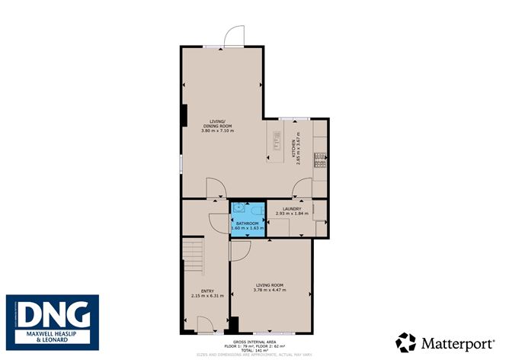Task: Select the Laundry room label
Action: point(292,208)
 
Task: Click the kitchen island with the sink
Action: point(276,144)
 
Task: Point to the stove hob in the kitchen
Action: point(322,160)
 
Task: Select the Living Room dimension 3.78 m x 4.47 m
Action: point(271,290)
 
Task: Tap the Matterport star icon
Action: point(406,342)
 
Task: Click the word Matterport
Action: point(456,343)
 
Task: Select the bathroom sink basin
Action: point(239,207)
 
